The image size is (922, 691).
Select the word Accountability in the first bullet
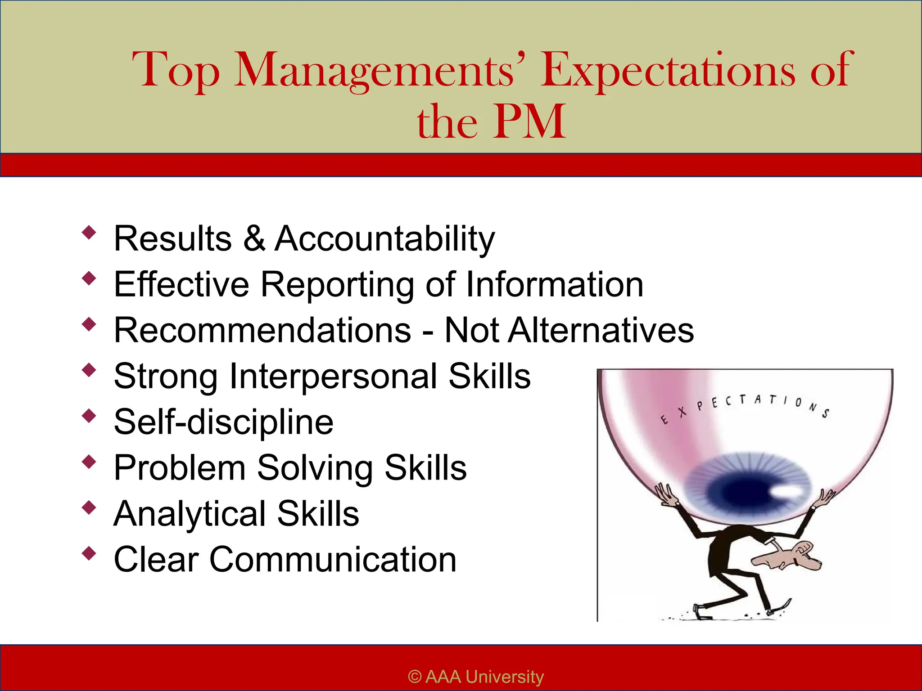tap(385, 238)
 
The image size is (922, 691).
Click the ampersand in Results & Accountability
tap(254, 238)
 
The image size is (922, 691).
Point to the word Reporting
tap(337, 285)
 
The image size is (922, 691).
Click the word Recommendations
tap(262, 330)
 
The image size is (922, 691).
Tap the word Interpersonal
tap(333, 377)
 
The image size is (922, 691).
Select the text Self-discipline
tap(224, 422)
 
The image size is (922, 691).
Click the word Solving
tap(315, 468)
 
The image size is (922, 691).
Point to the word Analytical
tap(190, 514)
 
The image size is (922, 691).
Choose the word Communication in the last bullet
tap(333, 560)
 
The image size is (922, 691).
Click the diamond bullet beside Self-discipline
tap(89, 415)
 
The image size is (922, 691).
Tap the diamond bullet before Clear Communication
tap(89, 553)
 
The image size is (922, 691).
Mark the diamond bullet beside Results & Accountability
tap(89, 232)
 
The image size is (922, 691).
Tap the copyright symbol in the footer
tap(415, 677)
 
